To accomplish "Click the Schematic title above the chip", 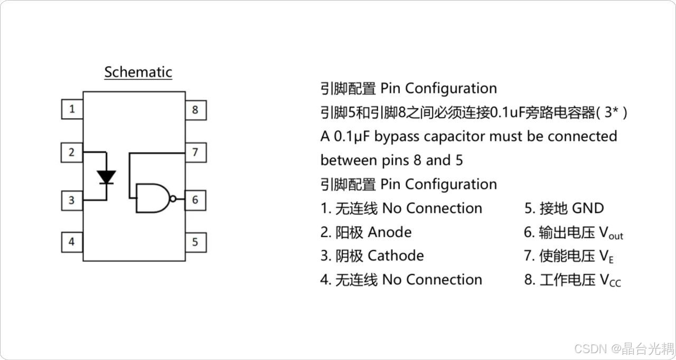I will (x=138, y=72).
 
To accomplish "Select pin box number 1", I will (x=72, y=110).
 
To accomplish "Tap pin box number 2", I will (x=72, y=153).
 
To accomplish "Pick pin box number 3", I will (x=72, y=201).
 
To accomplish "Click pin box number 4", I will (x=72, y=242).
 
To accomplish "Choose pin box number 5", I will (x=195, y=242).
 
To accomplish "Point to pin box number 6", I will (x=195, y=200).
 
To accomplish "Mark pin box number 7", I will (x=195, y=153).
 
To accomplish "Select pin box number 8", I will (x=195, y=110).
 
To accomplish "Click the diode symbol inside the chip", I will (x=107, y=177).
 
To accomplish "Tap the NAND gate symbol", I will (x=152, y=198).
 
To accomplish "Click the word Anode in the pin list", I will (x=389, y=232).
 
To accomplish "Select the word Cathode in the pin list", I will (x=396, y=256).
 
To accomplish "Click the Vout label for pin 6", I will (x=611, y=233).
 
